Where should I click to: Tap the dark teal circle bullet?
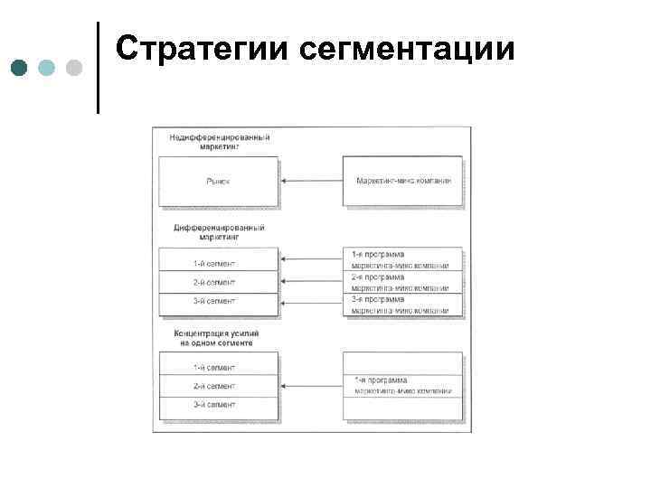point(21,69)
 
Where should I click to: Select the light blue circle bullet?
point(48,69)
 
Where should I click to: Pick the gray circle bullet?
point(74,69)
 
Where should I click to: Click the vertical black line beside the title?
point(98,68)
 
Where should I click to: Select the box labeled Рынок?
point(218,181)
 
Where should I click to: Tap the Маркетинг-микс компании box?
point(402,181)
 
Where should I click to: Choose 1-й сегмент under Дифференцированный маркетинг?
point(218,263)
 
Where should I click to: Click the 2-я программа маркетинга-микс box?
point(402,282)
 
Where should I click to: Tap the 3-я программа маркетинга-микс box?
point(402,305)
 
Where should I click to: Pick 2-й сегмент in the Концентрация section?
point(218,386)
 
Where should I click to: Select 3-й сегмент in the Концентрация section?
point(218,406)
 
